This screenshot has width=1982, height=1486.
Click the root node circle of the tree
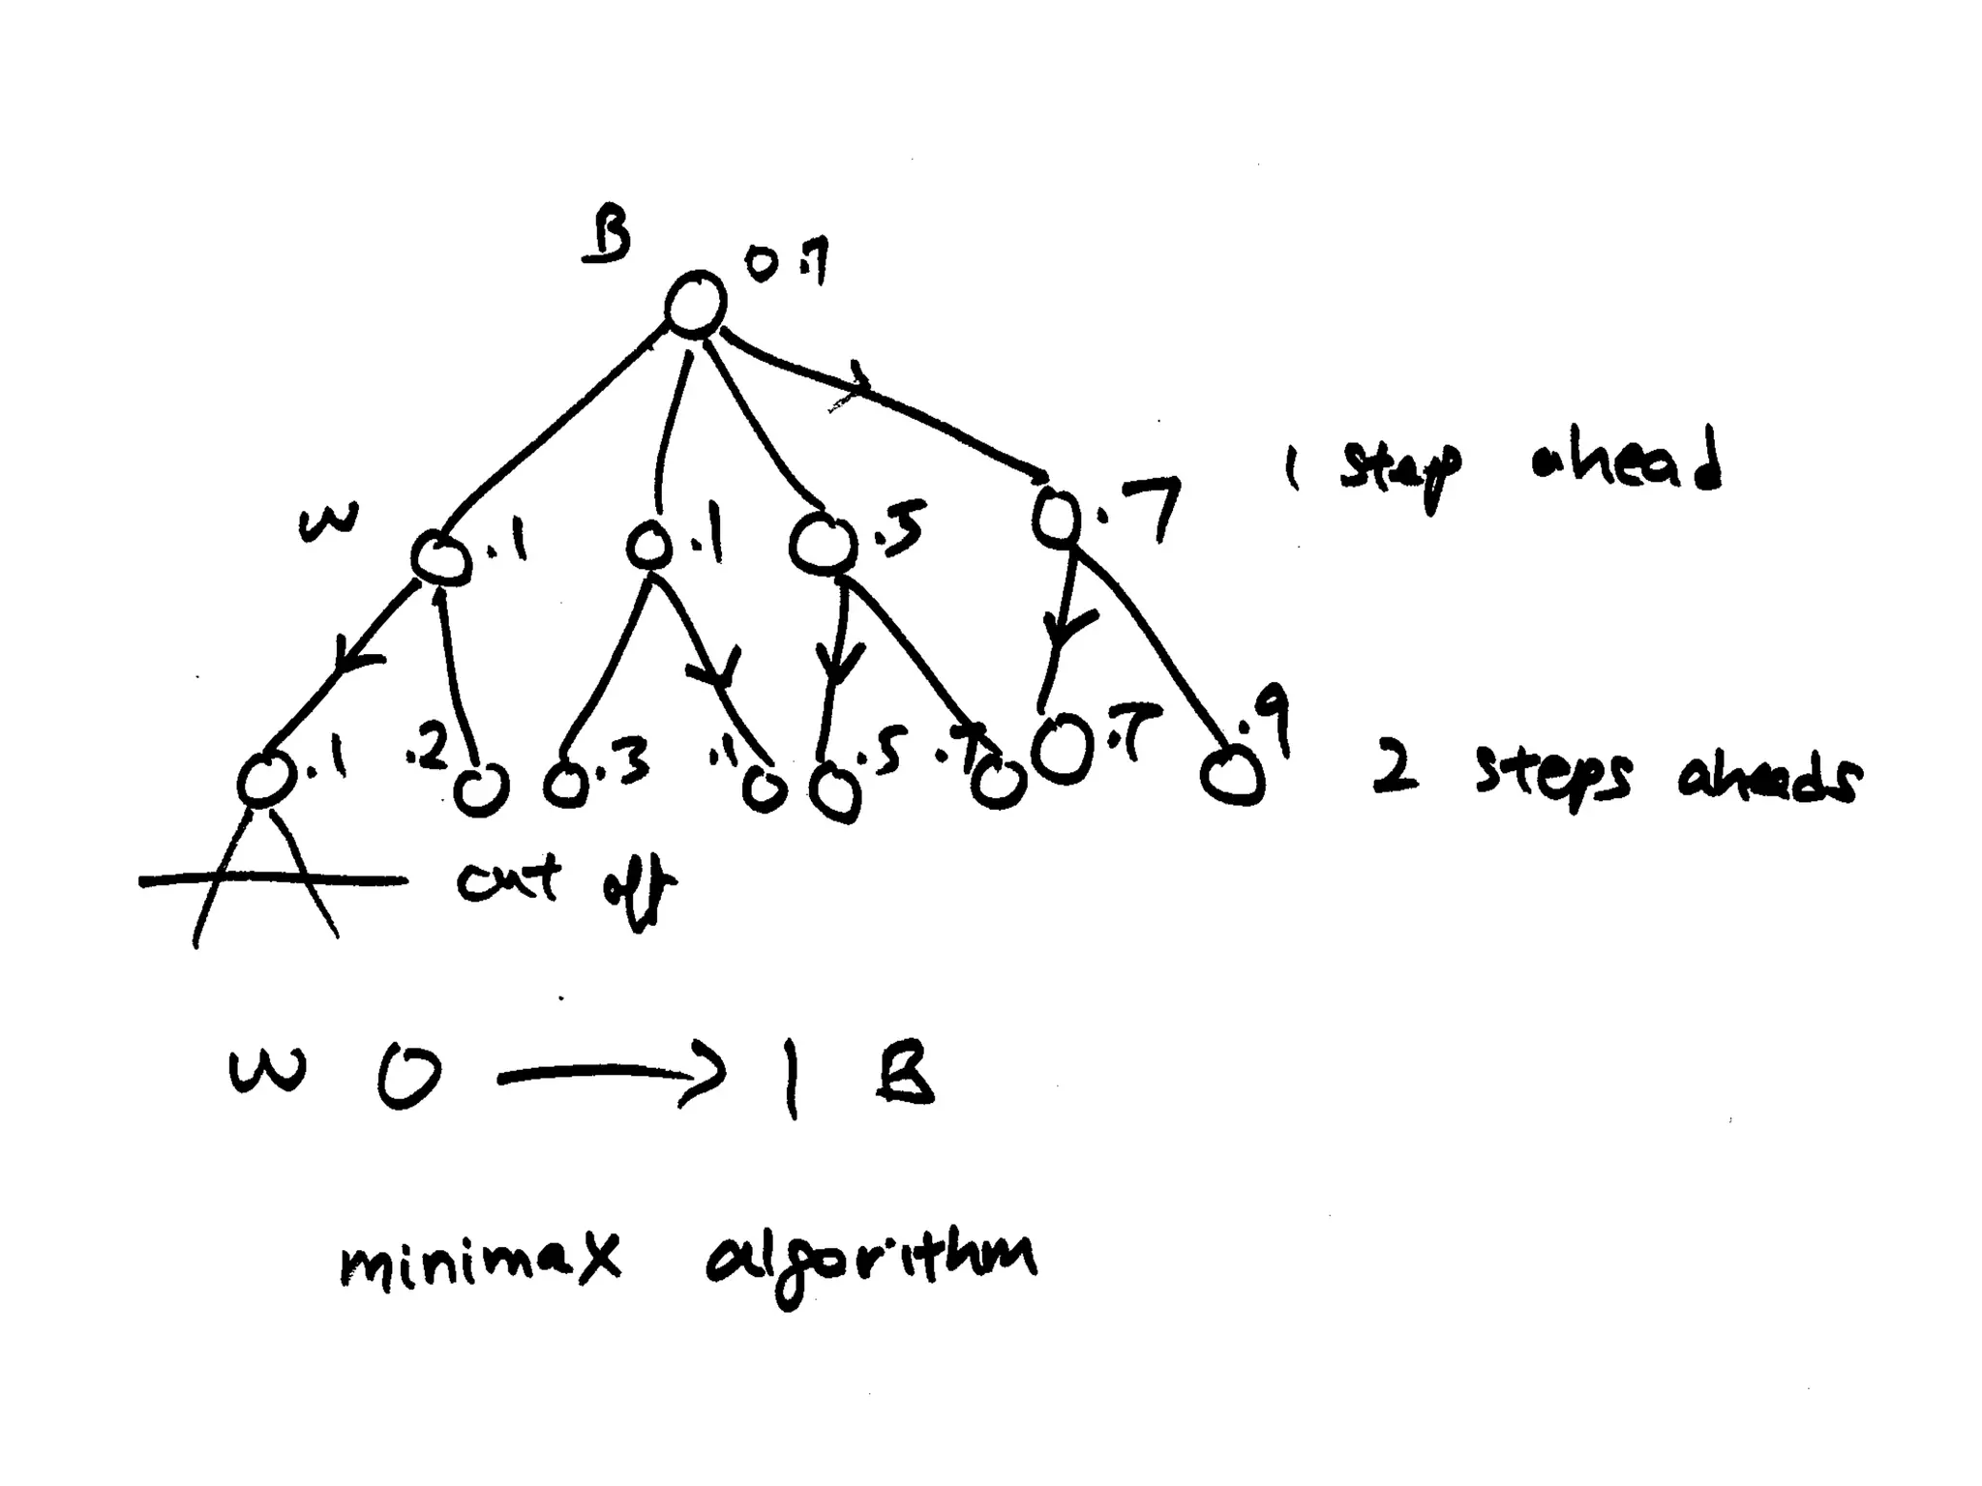(x=695, y=304)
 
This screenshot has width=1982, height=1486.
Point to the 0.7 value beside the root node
(x=786, y=263)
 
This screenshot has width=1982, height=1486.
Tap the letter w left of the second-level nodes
(x=327, y=523)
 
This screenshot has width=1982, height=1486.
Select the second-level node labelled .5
(x=822, y=546)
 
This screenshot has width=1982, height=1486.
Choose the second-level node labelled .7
(x=1056, y=516)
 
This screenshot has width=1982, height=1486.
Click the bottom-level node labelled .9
(x=1232, y=776)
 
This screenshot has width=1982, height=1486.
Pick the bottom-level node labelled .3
(x=566, y=785)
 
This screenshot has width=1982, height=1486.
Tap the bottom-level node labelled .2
(x=481, y=790)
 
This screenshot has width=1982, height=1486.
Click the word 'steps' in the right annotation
(x=1552, y=779)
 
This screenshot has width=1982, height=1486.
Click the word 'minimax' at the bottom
(x=479, y=1261)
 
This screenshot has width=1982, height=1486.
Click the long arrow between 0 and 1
(x=610, y=1076)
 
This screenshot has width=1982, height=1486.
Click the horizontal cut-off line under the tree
(x=273, y=880)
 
